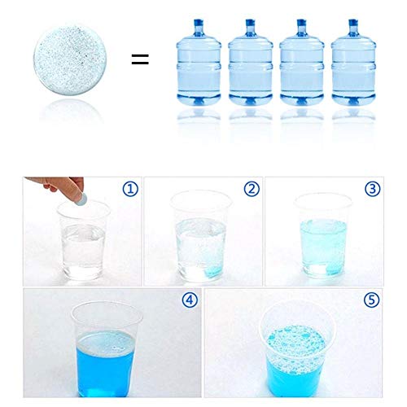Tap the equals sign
[x=140, y=59]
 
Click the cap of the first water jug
[x=199, y=23]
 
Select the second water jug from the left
[x=251, y=62]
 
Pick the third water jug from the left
[x=302, y=62]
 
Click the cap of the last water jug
[x=353, y=23]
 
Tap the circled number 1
[x=130, y=189]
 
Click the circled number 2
[x=252, y=189]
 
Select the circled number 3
[x=372, y=189]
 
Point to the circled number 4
[x=190, y=300]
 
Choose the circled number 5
[x=371, y=300]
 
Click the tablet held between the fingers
[x=81, y=199]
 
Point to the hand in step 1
[x=59, y=185]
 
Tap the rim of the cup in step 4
[x=107, y=304]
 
